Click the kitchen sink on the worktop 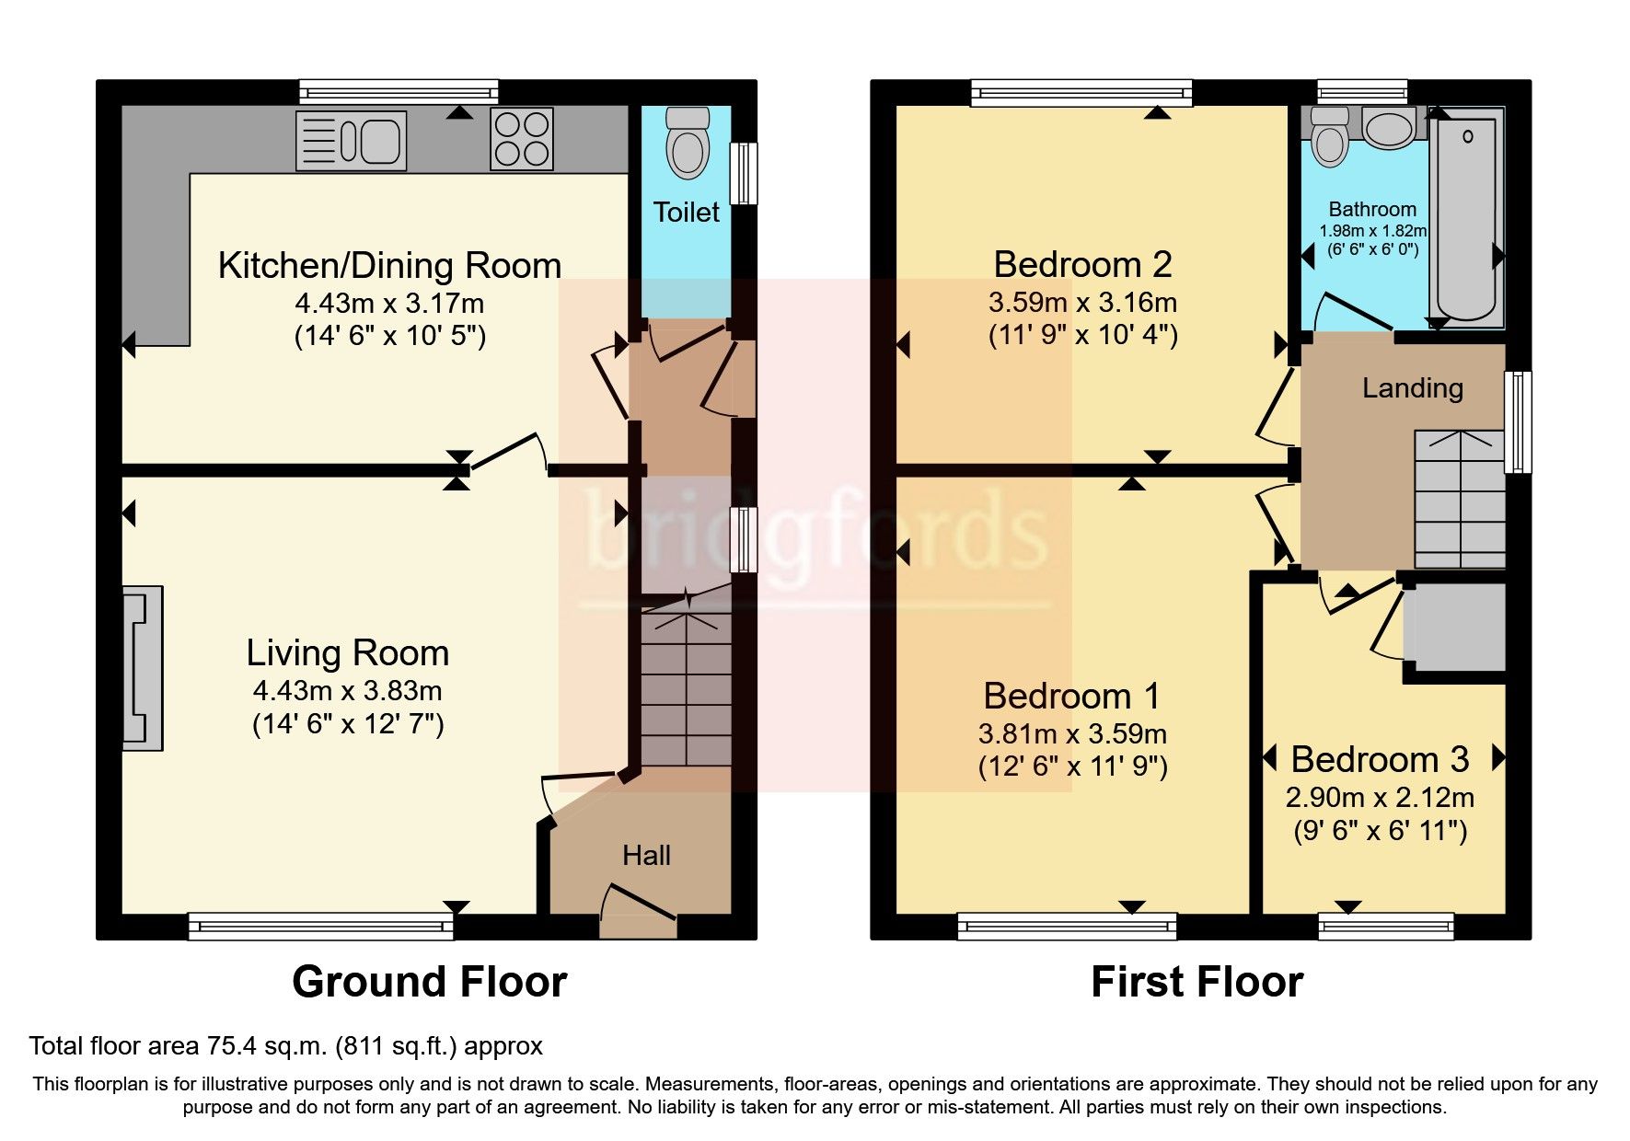point(351,141)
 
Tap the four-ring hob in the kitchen point(522,139)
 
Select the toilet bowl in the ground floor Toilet point(688,143)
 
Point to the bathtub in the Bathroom point(1467,217)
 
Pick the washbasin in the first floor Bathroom point(1391,128)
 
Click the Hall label point(646,856)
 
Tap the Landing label point(1413,388)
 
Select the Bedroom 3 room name point(1380,760)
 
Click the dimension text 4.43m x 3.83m point(348,691)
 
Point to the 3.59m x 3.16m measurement point(1083,302)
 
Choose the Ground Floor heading point(430,982)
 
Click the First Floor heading point(1197,982)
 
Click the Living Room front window point(321,926)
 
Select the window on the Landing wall point(1518,422)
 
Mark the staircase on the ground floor point(687,686)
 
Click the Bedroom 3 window point(1386,926)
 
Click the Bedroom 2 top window point(1081,93)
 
